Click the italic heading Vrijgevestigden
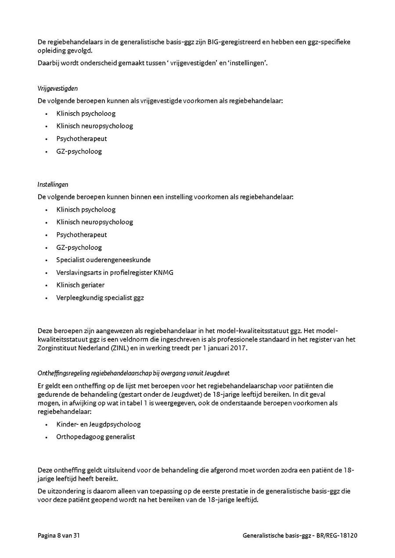pyautogui.click(x=57, y=88)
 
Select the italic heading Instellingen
pyautogui.click(x=53, y=185)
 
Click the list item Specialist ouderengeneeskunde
pyautogui.click(x=103, y=260)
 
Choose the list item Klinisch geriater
pyautogui.click(x=80, y=285)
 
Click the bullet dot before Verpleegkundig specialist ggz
pyautogui.click(x=46, y=298)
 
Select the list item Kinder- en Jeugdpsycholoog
pyautogui.click(x=98, y=424)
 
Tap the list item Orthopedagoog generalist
pyautogui.click(x=95, y=437)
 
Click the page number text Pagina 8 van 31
pyautogui.click(x=58, y=536)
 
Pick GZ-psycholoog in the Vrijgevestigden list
pyautogui.click(x=79, y=152)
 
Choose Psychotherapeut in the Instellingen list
pyautogui.click(x=82, y=235)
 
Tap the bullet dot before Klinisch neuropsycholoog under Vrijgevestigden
pyautogui.click(x=46, y=127)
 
